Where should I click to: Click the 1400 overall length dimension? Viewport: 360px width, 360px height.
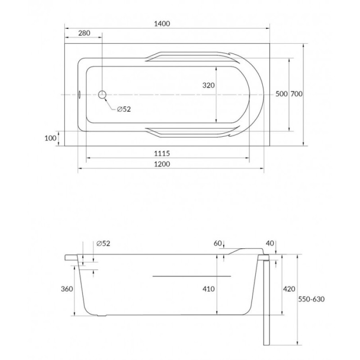(162, 24)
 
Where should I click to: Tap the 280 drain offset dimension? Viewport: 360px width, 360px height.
(84, 33)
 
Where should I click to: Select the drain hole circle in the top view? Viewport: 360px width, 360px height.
(103, 94)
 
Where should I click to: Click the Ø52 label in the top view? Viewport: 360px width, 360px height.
(124, 109)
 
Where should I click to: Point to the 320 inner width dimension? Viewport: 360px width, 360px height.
(208, 85)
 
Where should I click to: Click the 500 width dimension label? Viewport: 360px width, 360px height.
(282, 94)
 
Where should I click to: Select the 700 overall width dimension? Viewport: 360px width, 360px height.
(297, 94)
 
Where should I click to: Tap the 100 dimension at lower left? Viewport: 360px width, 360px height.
(50, 138)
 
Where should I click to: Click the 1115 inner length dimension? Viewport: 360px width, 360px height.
(162, 153)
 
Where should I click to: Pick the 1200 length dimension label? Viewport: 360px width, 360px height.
(162, 164)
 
